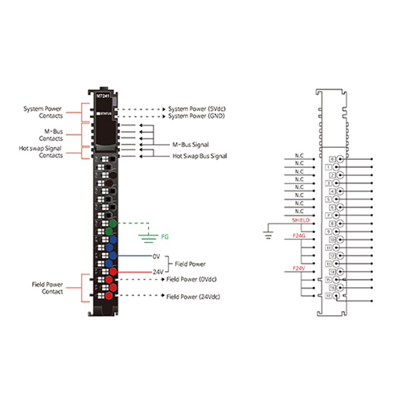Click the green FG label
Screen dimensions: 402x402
[x=165, y=237]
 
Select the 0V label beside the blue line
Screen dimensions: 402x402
[x=158, y=257]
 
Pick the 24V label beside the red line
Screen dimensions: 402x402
[x=158, y=272]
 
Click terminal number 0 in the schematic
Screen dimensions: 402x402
[x=331, y=159]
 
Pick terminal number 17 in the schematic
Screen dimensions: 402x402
[x=331, y=293]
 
